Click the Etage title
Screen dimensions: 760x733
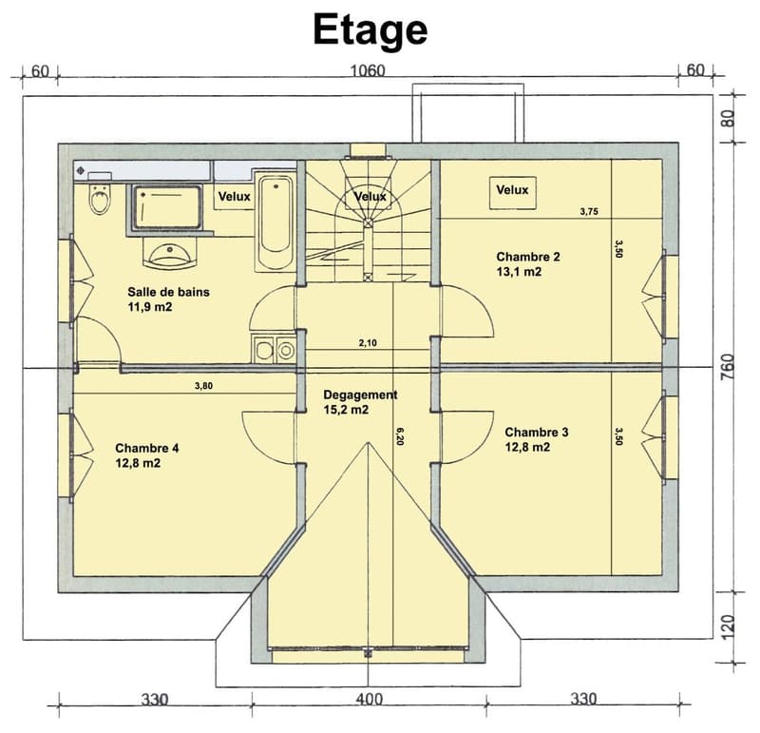[370, 30]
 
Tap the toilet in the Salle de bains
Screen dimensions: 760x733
[101, 200]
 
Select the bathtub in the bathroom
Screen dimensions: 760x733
[275, 222]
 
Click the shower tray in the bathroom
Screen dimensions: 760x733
[167, 207]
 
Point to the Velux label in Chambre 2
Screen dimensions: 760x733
[512, 190]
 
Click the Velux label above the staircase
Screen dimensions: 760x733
[370, 197]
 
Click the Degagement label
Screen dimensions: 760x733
[360, 395]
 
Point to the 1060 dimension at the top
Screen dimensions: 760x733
[368, 70]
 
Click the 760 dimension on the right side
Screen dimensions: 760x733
[728, 367]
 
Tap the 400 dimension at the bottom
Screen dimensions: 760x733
[370, 699]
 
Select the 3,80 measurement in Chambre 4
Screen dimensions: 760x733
[203, 386]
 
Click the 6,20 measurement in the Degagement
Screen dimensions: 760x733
[400, 436]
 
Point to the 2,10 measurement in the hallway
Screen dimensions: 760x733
[368, 343]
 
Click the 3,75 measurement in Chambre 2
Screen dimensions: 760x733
[589, 211]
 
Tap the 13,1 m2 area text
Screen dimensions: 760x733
[519, 272]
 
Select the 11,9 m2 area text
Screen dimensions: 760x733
[150, 306]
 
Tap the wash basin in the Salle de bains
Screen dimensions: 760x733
[170, 254]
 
